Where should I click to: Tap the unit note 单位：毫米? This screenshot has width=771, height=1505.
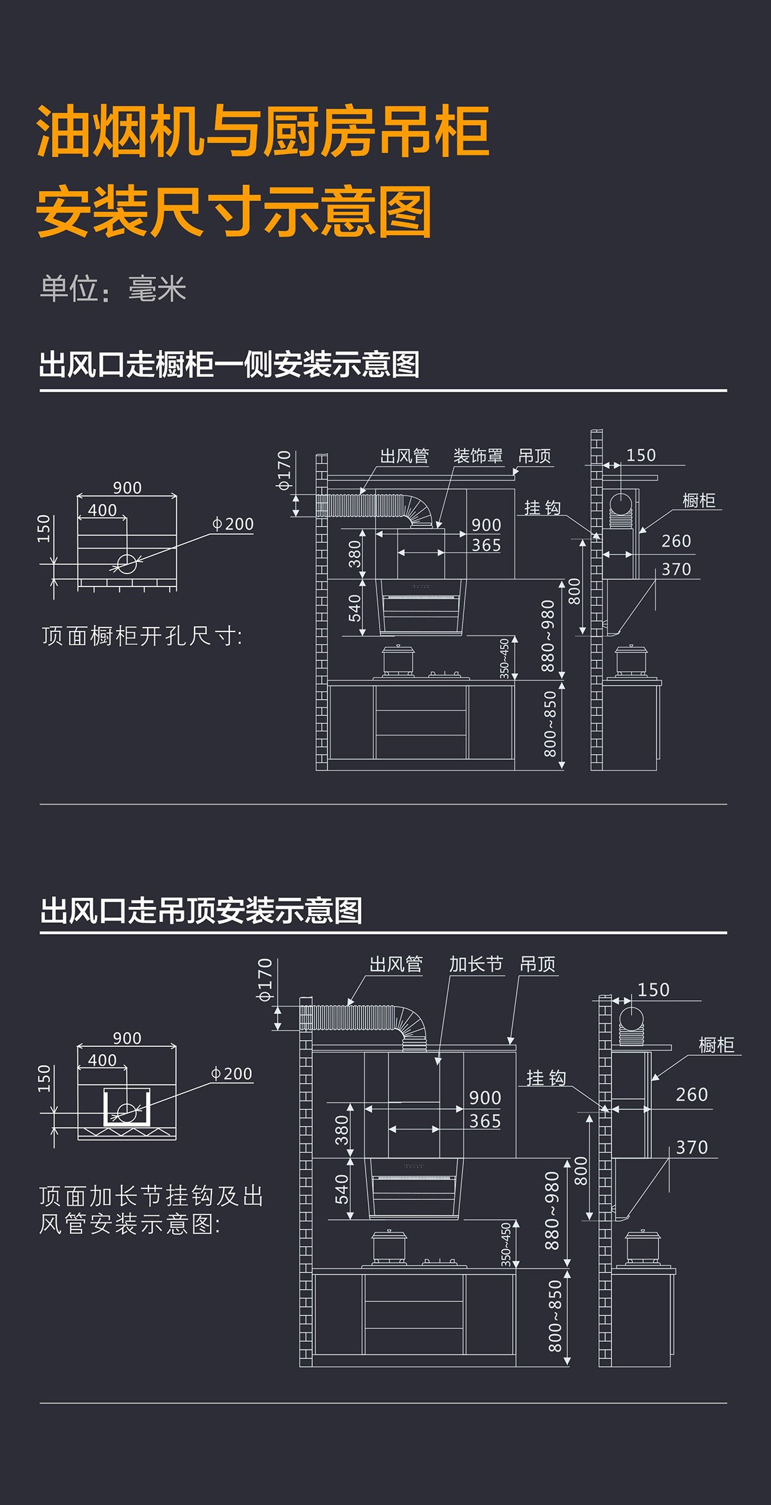[113, 288]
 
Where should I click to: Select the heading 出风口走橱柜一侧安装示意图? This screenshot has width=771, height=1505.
[229, 364]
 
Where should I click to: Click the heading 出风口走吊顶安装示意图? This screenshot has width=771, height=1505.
[202, 910]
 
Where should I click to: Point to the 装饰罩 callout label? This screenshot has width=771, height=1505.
[478, 456]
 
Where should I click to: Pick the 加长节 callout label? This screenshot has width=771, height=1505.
[476, 964]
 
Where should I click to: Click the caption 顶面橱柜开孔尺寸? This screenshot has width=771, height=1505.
[142, 636]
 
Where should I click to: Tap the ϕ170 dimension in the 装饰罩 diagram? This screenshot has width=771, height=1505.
[283, 471]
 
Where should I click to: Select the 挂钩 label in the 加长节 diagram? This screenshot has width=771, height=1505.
[546, 1077]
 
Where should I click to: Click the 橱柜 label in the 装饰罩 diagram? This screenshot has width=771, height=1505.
[699, 500]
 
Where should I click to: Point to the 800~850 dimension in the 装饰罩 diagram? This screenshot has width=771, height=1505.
[550, 724]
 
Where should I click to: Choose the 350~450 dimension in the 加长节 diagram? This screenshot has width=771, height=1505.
[506, 1245]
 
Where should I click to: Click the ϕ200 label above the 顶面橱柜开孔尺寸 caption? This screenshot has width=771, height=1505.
[233, 524]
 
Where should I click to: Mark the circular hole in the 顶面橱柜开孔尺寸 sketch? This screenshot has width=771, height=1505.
[127, 563]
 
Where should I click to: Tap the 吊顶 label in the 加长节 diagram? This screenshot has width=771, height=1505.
[538, 964]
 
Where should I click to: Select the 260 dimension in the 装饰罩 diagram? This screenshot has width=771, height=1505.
[677, 541]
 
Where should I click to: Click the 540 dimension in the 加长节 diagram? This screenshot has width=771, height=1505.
[342, 1189]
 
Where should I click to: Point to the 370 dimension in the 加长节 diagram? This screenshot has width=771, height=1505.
[692, 1147]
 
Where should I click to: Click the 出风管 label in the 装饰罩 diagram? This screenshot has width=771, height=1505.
[404, 456]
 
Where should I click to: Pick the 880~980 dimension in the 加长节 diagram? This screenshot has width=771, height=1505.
[551, 1211]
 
